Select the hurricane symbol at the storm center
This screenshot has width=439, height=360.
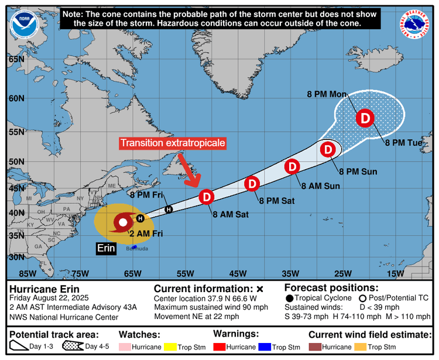click(x=123, y=222)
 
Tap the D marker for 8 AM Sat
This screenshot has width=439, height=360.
click(x=207, y=197)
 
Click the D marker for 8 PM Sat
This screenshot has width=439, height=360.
click(x=251, y=184)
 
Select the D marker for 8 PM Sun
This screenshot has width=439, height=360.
click(x=328, y=150)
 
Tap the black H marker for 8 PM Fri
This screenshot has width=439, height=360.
click(x=169, y=209)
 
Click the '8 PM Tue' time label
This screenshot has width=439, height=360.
click(x=403, y=143)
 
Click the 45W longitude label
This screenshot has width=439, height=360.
click(x=237, y=273)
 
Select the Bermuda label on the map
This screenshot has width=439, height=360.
click(x=138, y=249)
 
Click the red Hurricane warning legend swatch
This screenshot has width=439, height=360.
click(x=225, y=347)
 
